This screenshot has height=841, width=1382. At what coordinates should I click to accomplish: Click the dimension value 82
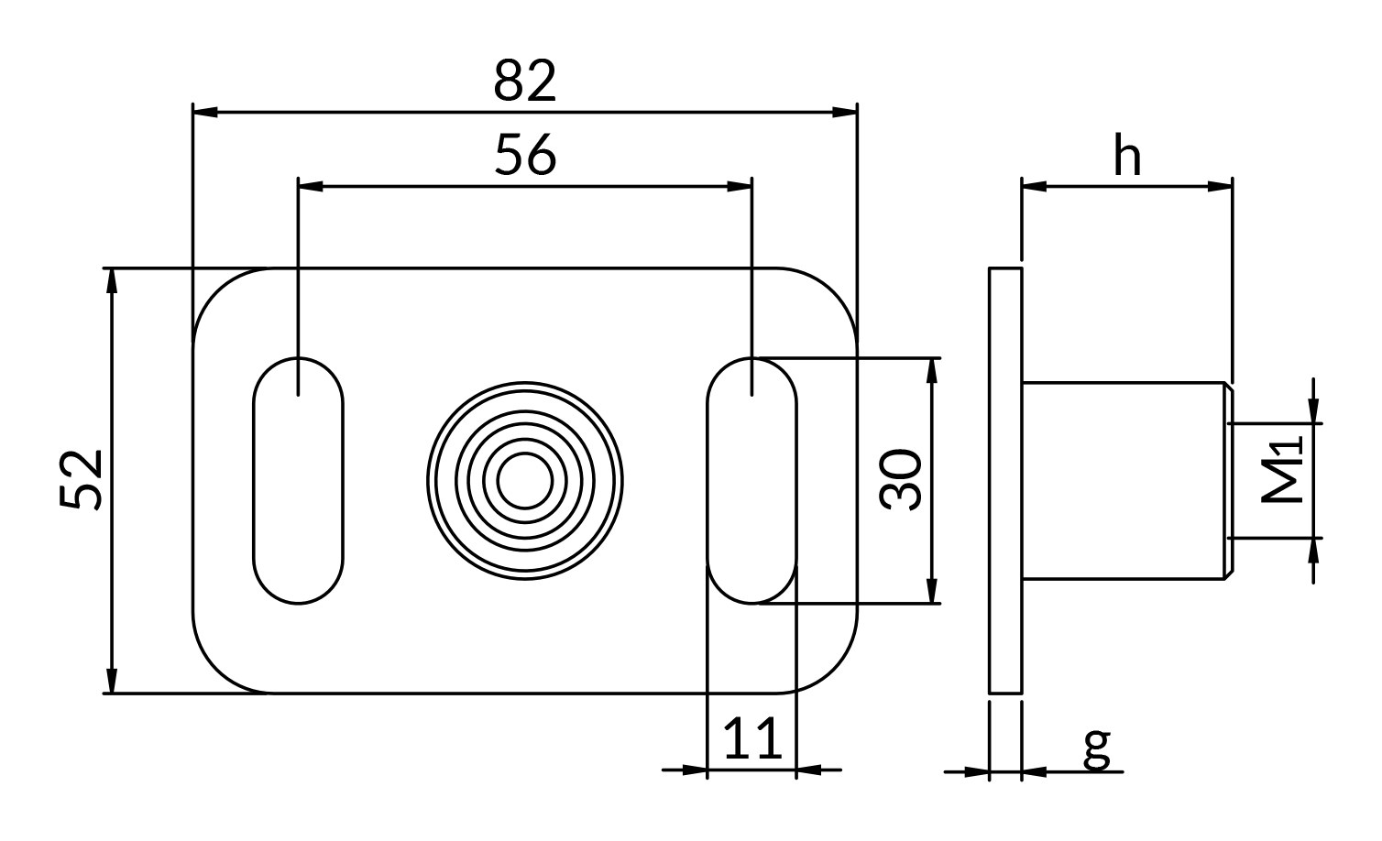[x=525, y=81]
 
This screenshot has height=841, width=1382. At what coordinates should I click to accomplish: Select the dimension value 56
[x=526, y=155]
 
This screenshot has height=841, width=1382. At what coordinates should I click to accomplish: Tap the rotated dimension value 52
[x=82, y=480]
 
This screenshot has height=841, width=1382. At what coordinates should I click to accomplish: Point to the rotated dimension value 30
[x=901, y=480]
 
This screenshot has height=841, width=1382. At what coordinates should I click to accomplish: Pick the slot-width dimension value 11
[x=752, y=737]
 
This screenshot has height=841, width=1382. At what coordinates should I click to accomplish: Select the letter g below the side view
[x=1097, y=749]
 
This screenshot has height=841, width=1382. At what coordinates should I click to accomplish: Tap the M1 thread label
[x=1282, y=469]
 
